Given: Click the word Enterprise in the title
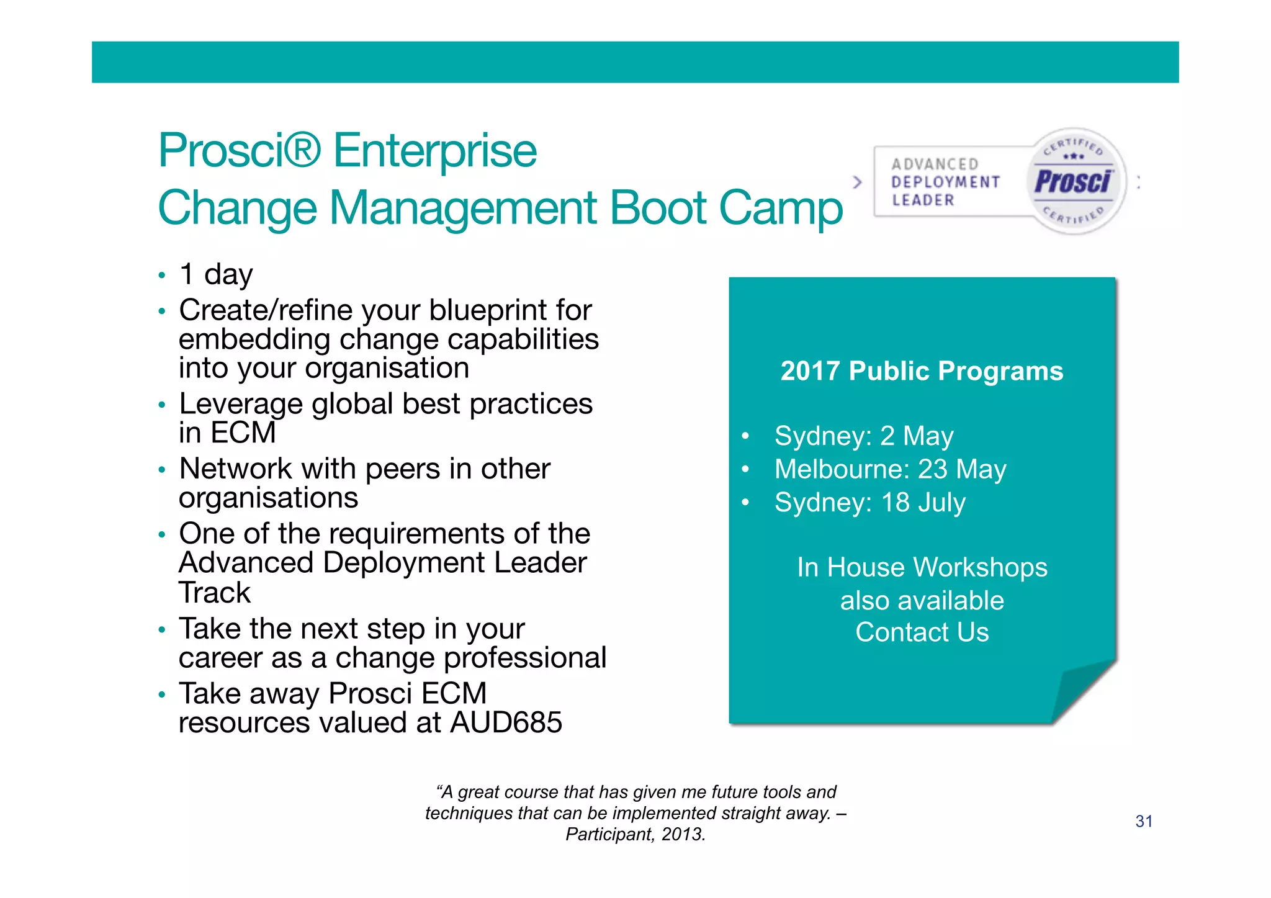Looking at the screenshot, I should pos(434,151).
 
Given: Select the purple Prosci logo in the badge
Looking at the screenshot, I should pos(1074,182).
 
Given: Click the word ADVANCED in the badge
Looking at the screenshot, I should pos(935,164).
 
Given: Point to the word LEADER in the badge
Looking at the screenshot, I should pos(923,200).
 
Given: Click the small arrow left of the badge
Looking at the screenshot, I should pos(858,182).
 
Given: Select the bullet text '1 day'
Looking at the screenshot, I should pos(216,274).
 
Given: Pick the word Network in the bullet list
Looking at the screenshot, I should pos(235,469).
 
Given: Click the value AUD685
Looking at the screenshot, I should pos(506,722).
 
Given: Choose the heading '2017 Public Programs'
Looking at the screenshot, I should pos(922,371).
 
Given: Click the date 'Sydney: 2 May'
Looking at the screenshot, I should pos(863,436).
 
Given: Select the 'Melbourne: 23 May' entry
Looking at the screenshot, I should pos(890,469).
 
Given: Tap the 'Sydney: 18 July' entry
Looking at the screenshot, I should pos(869,503).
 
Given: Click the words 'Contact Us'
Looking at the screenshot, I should pos(922,632).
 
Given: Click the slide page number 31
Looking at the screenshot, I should pos(1143,822).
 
